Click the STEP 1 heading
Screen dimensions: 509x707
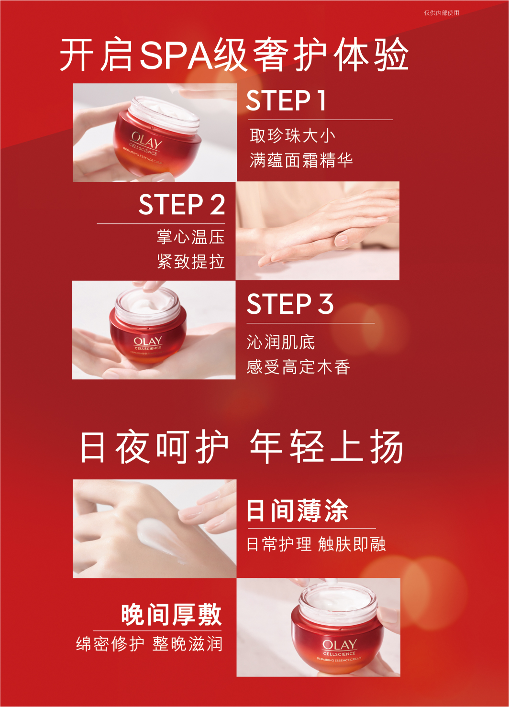point(286,100)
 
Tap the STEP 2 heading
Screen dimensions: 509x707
point(182,205)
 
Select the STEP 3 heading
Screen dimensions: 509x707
point(290,304)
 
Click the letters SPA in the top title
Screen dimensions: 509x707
point(177,54)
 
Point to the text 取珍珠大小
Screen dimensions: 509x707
point(292,136)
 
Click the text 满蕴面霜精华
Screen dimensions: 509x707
point(301,160)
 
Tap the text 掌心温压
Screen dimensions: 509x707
point(191,237)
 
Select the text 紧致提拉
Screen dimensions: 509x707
point(191,262)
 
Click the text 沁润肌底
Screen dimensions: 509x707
point(281,342)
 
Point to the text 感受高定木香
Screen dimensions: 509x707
point(298,367)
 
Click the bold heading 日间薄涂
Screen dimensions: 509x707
point(297,511)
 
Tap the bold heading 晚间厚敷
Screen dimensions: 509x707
point(171,614)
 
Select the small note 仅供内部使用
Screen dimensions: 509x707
point(442,13)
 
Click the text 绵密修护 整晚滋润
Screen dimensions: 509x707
point(149,644)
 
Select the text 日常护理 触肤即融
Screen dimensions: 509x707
point(316,544)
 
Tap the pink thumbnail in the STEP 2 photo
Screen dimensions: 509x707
point(341,240)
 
